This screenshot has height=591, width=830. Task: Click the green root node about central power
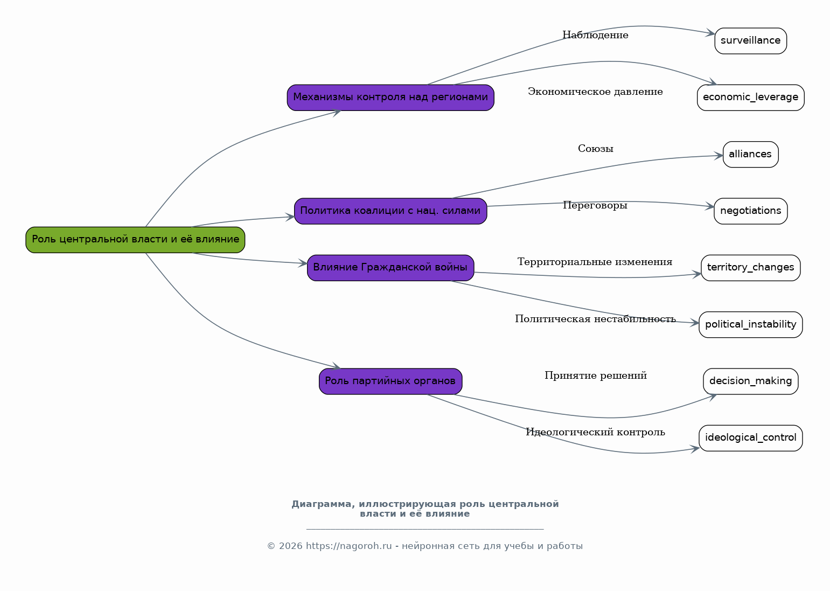(x=135, y=240)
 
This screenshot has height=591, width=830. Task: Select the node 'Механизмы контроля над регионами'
(x=390, y=98)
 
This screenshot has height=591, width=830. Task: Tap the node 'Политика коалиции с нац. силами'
(x=390, y=211)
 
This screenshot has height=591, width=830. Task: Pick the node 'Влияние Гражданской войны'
(x=390, y=268)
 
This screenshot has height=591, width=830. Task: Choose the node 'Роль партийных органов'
(x=390, y=381)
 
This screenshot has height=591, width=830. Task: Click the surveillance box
(x=751, y=41)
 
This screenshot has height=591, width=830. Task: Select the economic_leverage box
(x=751, y=98)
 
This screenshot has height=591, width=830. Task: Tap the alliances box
(x=751, y=155)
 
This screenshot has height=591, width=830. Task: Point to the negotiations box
(x=751, y=211)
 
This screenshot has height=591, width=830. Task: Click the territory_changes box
(x=751, y=268)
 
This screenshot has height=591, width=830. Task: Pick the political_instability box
(x=751, y=324)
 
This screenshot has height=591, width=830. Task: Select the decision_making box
(x=751, y=381)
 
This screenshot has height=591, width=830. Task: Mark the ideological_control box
(x=751, y=438)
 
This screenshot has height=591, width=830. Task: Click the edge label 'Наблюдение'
(x=596, y=35)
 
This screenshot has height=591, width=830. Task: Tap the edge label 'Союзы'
(x=596, y=149)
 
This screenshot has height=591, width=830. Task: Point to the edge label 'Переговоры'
(x=595, y=206)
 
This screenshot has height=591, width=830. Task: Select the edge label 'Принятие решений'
(x=596, y=376)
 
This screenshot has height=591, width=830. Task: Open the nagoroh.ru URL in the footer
(x=348, y=546)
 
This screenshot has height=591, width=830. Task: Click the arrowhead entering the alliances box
(x=719, y=156)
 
